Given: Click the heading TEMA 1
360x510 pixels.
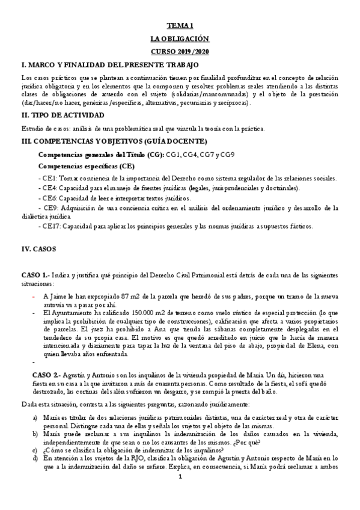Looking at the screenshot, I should coord(180,25).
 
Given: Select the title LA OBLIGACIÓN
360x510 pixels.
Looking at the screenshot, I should coord(180,38).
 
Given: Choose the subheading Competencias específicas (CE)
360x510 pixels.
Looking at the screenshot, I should coord(86,166).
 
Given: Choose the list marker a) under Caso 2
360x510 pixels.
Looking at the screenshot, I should coord(35,416).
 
